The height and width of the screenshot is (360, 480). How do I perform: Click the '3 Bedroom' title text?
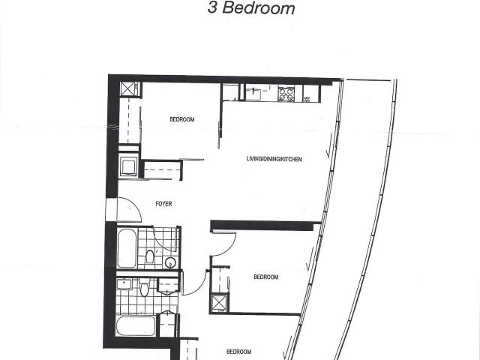coord(251,8)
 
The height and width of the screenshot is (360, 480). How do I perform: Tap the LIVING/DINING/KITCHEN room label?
coord(274,159)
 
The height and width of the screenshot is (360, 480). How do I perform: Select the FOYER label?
coord(163,204)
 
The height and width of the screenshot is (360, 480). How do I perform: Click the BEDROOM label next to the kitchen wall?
coord(182,119)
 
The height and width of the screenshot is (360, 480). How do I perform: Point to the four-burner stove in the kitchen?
coord(286,94)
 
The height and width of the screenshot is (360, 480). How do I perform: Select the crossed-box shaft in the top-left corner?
coord(127,89)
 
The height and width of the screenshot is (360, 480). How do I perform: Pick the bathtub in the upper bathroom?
coord(127,248)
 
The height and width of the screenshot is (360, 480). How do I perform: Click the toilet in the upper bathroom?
coord(150,256)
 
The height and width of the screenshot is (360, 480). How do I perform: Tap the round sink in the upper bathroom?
coord(170,262)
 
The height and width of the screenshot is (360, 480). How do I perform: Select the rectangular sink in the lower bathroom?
coord(124,283)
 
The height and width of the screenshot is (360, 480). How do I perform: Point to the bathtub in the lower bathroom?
coord(136,325)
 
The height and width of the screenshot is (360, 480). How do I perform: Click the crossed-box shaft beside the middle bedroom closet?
coord(219,302)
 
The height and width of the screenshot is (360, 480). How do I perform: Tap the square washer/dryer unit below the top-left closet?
coord(128,166)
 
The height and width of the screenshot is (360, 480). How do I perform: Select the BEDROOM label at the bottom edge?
coord(238,352)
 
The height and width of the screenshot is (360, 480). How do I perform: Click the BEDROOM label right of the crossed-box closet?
coord(266,277)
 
